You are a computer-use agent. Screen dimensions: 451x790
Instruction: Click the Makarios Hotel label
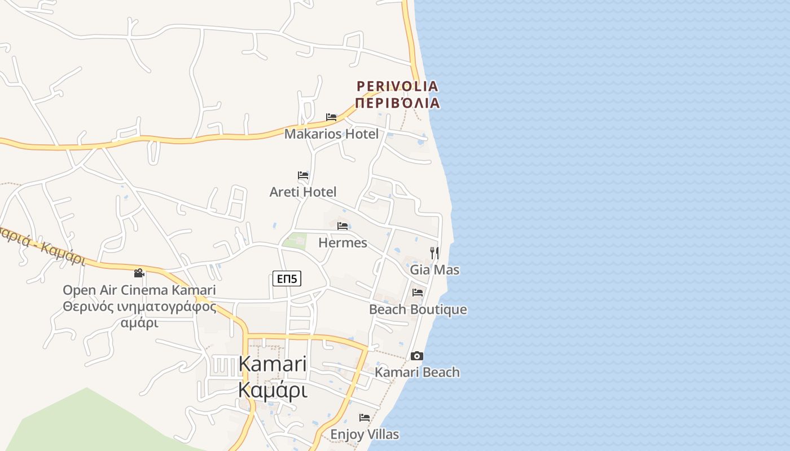click(x=331, y=134)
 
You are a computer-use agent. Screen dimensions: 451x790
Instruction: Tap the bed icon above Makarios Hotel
click(x=331, y=117)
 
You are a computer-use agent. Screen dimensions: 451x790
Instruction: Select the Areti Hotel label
click(x=303, y=192)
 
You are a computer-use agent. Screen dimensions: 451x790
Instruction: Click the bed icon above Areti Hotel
click(x=303, y=175)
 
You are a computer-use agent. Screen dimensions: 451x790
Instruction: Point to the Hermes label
click(x=343, y=243)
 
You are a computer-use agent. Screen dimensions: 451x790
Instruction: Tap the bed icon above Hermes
click(x=343, y=226)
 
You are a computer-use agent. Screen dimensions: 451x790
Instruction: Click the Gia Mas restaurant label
click(x=434, y=269)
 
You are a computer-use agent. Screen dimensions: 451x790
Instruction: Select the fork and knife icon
click(x=434, y=253)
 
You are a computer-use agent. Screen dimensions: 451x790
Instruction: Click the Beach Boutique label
click(x=418, y=309)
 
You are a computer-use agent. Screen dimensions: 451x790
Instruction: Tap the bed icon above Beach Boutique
click(x=418, y=292)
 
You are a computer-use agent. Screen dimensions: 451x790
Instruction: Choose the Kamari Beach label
click(x=417, y=372)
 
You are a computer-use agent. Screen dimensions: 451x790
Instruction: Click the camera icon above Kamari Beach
click(x=417, y=356)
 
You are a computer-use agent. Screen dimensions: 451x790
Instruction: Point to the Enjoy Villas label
click(x=365, y=435)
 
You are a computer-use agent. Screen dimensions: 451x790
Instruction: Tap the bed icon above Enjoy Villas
click(x=365, y=418)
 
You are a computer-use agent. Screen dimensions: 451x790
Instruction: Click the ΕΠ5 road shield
click(x=287, y=278)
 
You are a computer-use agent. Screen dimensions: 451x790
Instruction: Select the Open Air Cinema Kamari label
click(x=139, y=290)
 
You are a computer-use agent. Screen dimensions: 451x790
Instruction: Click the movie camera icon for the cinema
click(x=139, y=273)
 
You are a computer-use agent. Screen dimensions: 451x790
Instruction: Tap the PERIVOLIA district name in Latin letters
click(x=397, y=86)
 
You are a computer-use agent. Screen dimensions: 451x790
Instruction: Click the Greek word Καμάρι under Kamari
click(x=273, y=390)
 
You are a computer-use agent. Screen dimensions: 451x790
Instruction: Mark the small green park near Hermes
click(x=295, y=241)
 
